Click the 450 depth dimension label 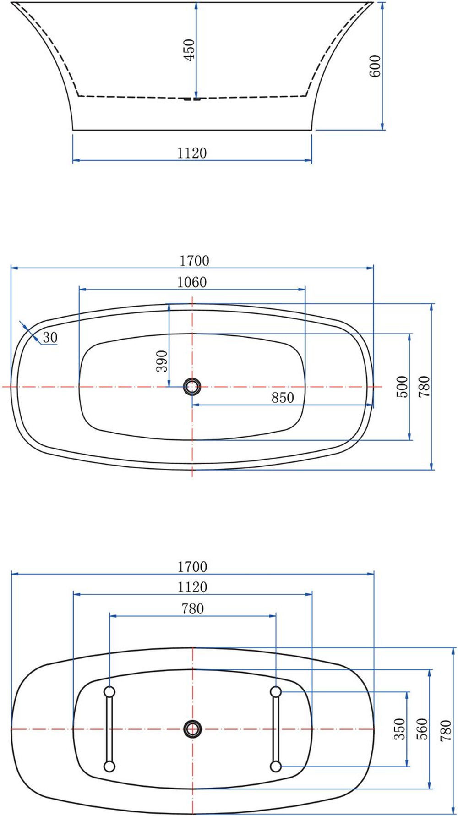point(189,49)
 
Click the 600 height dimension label point(375,66)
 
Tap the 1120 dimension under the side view point(192,153)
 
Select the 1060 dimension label point(192,282)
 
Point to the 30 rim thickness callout point(50,338)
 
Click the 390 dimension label point(162,361)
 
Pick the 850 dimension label point(283,397)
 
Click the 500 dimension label point(402,386)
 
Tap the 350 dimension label point(400,729)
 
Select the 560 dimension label point(422,729)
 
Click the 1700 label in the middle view point(194,261)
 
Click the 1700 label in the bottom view point(192,567)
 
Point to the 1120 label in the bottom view point(192,587)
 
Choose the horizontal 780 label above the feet point(192,609)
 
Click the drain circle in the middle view point(192,387)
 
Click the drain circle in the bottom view point(192,728)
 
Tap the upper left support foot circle point(109,691)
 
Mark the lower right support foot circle point(276,766)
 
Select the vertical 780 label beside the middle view point(425,386)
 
